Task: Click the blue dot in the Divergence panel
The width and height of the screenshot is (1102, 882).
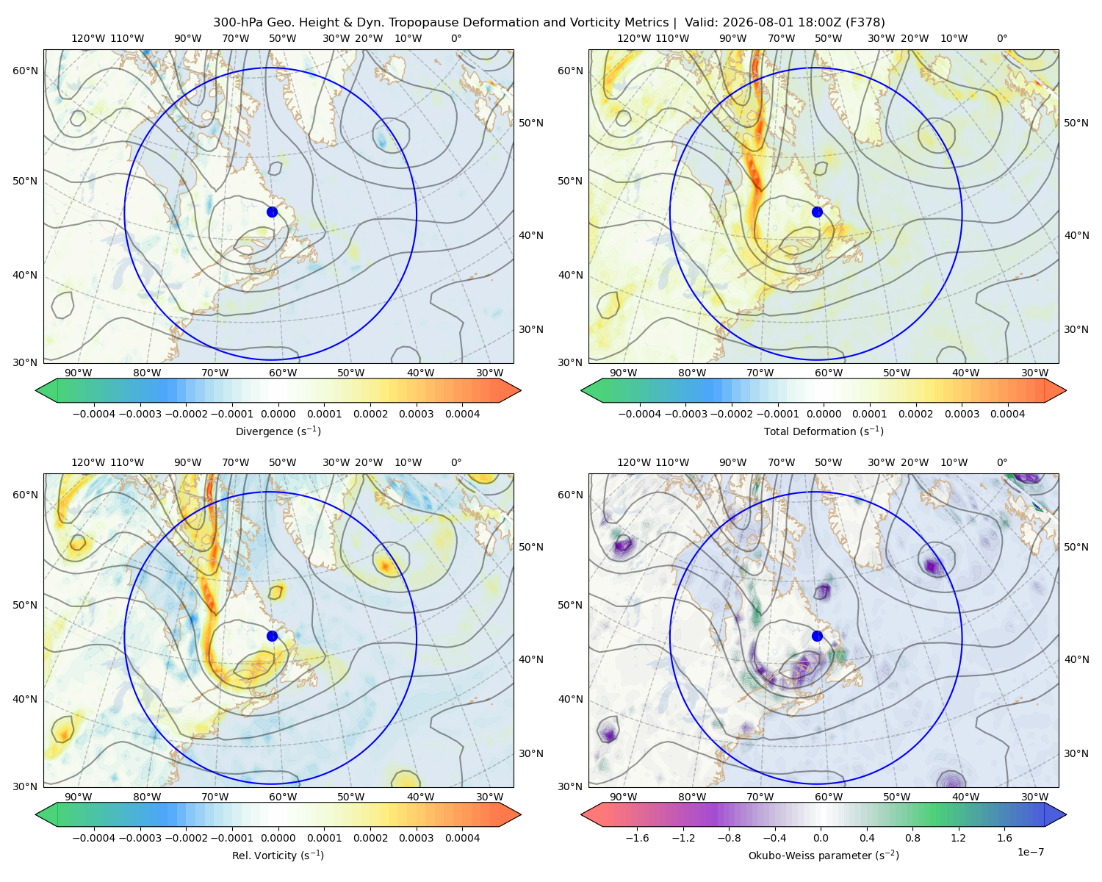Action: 272,212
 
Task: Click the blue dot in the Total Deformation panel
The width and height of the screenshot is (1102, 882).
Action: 817,212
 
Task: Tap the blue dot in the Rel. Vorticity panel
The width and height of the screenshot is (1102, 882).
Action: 272,636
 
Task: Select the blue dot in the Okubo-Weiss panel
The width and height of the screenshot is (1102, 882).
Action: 817,636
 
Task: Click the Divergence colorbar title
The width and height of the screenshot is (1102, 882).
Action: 278,431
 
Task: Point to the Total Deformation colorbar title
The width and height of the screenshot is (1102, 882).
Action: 824,431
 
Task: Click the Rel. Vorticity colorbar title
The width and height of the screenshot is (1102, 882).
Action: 278,856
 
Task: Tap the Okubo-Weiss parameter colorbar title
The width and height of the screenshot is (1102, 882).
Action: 824,856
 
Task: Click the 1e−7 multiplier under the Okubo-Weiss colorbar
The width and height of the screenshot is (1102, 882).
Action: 1030,852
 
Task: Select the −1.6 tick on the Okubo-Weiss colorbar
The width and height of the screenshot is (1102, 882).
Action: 637,838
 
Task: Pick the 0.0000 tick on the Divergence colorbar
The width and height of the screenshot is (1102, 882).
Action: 278,414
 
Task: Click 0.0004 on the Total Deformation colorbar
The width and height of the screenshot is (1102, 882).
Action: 1007,414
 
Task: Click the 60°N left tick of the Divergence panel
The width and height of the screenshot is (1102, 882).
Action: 25,71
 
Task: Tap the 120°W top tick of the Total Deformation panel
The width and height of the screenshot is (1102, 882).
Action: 633,38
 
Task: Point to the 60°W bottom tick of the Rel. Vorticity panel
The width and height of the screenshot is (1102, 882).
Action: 283,797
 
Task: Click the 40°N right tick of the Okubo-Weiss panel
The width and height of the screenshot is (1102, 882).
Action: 1076,659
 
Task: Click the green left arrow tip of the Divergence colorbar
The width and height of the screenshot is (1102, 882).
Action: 36,390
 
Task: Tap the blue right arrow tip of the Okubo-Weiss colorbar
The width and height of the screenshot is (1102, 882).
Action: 1066,814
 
